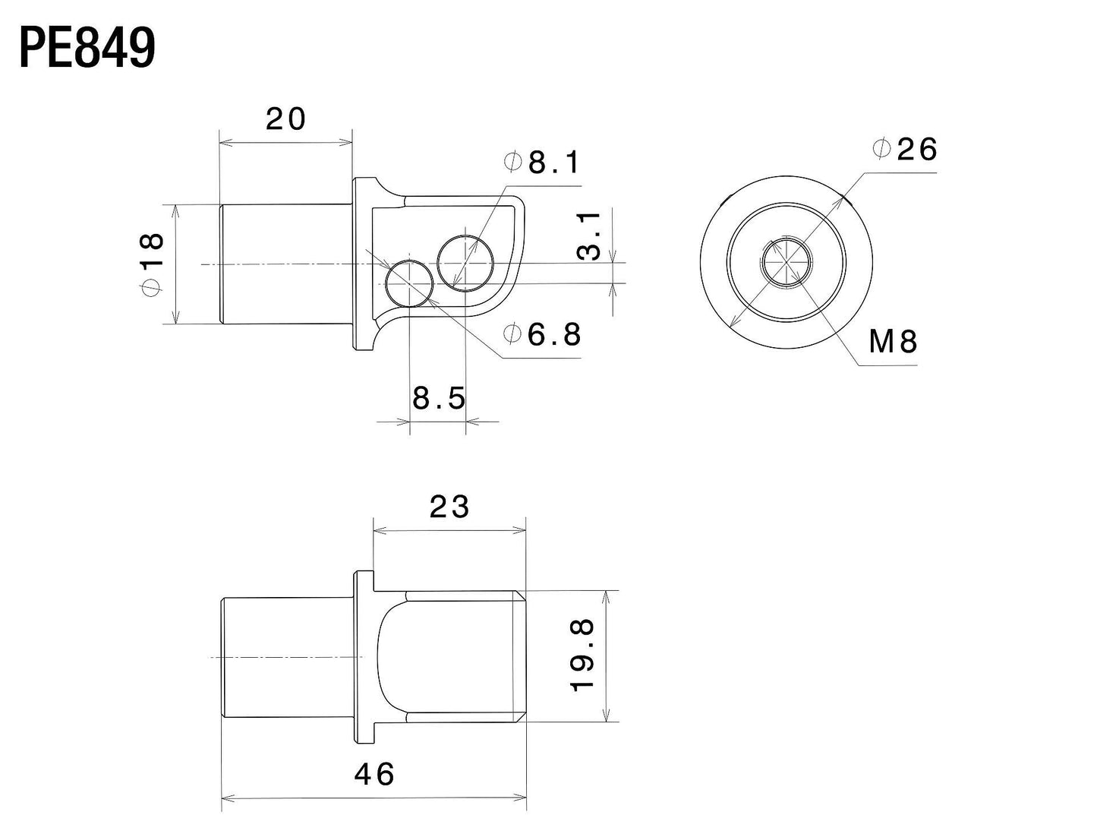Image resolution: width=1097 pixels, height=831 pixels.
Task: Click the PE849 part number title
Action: [87, 49]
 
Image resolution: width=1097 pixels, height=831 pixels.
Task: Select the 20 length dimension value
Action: [285, 119]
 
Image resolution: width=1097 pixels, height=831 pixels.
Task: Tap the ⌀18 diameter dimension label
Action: [152, 264]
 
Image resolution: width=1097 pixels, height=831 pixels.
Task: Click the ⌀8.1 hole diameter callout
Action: [541, 162]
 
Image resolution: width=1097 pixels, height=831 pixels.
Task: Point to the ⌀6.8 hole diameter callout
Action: [543, 334]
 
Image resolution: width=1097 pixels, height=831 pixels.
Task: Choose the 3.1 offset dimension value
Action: [590, 236]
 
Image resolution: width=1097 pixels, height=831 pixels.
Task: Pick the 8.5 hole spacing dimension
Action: [438, 397]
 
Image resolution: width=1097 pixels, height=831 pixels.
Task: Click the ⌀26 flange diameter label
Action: [906, 149]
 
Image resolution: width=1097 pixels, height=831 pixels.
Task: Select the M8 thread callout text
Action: [893, 343]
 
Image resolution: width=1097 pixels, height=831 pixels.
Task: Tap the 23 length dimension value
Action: [449, 507]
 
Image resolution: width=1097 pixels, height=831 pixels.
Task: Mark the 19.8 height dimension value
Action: [583, 654]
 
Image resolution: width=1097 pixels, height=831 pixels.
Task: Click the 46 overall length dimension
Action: [374, 774]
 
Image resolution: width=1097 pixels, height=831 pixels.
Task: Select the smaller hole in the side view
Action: [409, 283]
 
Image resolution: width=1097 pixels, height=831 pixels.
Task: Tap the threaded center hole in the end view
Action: [787, 263]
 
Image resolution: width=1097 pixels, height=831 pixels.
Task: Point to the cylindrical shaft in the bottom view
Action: [286, 657]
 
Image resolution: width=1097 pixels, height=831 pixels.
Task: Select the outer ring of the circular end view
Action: [713, 263]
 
